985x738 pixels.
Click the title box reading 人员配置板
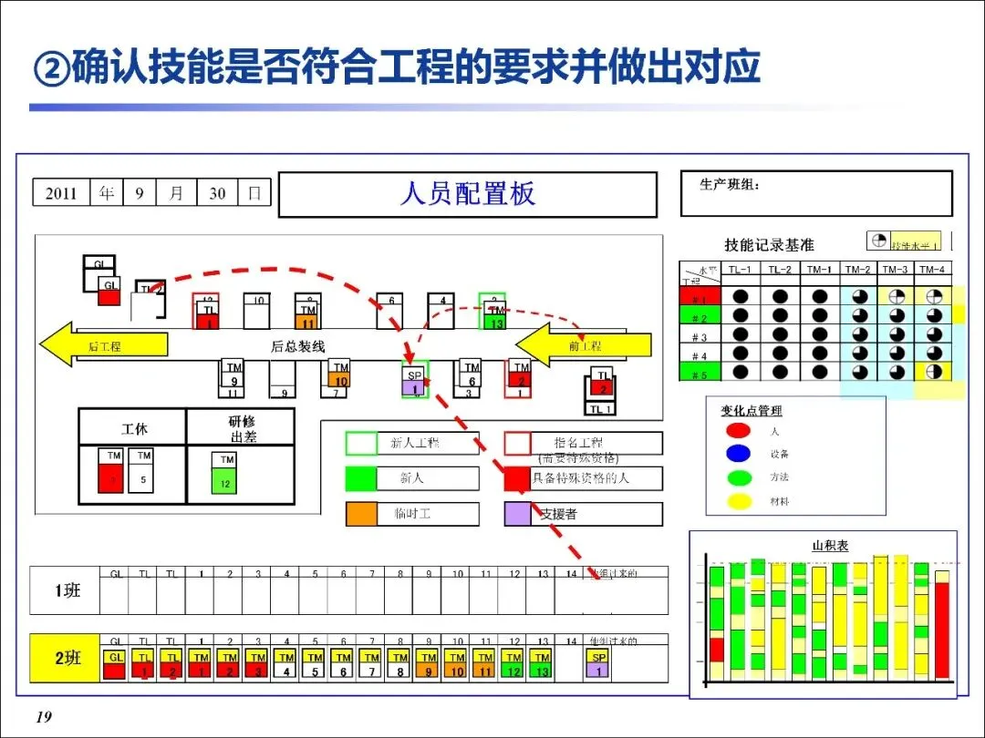coord(467,195)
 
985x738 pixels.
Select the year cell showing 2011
coord(61,193)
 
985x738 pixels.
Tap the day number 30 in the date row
coord(217,193)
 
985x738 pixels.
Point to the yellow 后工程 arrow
coord(103,345)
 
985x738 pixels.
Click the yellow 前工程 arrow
coord(585,345)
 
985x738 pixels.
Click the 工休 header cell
coord(133,427)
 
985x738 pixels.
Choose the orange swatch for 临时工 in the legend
coord(361,514)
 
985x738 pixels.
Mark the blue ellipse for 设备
coord(738,453)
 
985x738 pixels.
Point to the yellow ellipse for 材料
coord(738,500)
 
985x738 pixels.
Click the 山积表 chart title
coord(829,545)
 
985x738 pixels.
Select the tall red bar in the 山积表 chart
coord(941,630)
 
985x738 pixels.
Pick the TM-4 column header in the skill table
coord(932,269)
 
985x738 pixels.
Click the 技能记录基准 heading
coord(769,244)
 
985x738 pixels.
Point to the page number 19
coord(43,718)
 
